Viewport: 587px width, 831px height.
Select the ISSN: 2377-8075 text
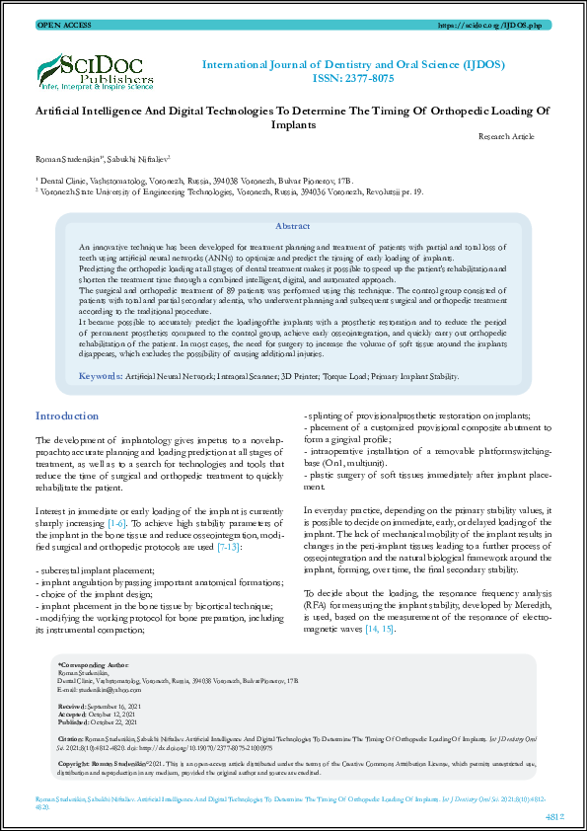pos(353,79)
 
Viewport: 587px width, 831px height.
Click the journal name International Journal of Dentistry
pos(353,65)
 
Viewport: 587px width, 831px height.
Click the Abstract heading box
pos(293,226)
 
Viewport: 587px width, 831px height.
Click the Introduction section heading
pos(67,416)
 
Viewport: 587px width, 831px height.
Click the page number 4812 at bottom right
pos(553,815)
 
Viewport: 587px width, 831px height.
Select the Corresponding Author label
pos(95,666)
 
